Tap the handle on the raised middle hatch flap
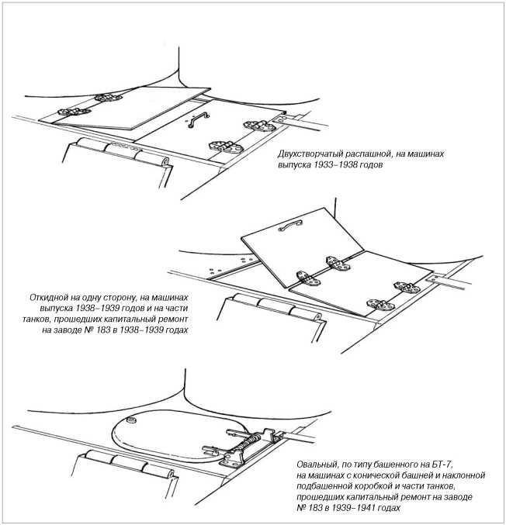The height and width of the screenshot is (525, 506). (289, 224)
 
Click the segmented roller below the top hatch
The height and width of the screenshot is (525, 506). (121, 151)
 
